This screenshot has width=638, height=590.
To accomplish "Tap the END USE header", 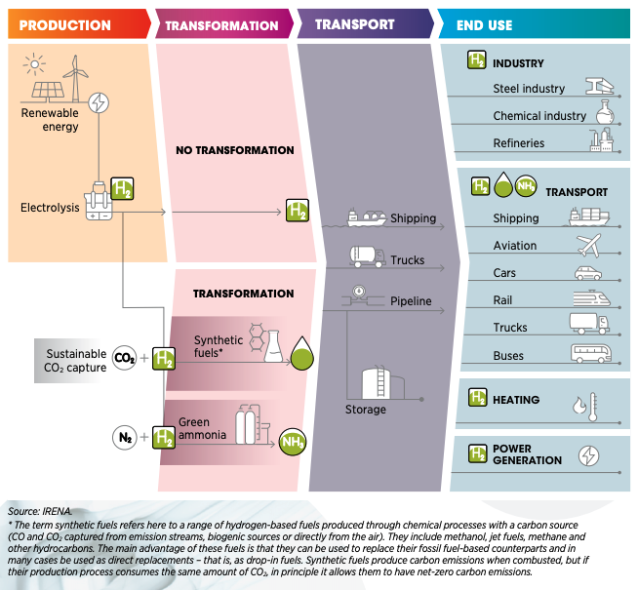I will pyautogui.click(x=484, y=24).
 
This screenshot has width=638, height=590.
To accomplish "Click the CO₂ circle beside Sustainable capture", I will pyautogui.click(x=125, y=358).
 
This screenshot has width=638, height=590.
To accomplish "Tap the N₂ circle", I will pyautogui.click(x=125, y=438).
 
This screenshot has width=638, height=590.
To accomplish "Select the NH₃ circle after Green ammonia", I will pyautogui.click(x=293, y=443).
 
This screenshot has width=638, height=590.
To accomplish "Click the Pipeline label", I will pyautogui.click(x=411, y=301).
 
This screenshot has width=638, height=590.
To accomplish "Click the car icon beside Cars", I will pyautogui.click(x=588, y=273).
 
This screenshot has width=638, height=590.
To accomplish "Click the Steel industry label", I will pyautogui.click(x=529, y=89).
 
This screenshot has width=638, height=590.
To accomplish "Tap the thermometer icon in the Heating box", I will pyautogui.click(x=585, y=403).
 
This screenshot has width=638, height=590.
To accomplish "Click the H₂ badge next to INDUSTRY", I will pyautogui.click(x=476, y=60).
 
